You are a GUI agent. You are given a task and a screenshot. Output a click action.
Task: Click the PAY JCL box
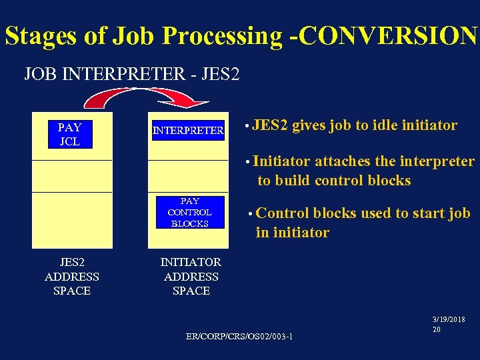[x=70, y=134]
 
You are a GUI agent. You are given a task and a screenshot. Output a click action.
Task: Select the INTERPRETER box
[x=188, y=131]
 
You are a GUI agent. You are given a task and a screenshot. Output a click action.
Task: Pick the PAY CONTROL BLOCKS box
[x=189, y=212]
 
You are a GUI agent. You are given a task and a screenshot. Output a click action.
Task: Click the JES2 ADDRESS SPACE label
[x=71, y=277]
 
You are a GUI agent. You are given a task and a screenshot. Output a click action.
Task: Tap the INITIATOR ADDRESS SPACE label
[x=191, y=277]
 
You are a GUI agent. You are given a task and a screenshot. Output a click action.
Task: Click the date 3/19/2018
[x=449, y=320]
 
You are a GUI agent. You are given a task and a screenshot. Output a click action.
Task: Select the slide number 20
[x=437, y=329]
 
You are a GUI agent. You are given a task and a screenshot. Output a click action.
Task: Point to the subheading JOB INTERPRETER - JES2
[x=131, y=73]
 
